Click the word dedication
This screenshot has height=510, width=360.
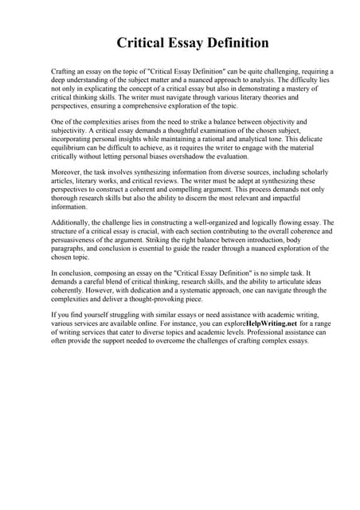(x=162, y=291)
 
